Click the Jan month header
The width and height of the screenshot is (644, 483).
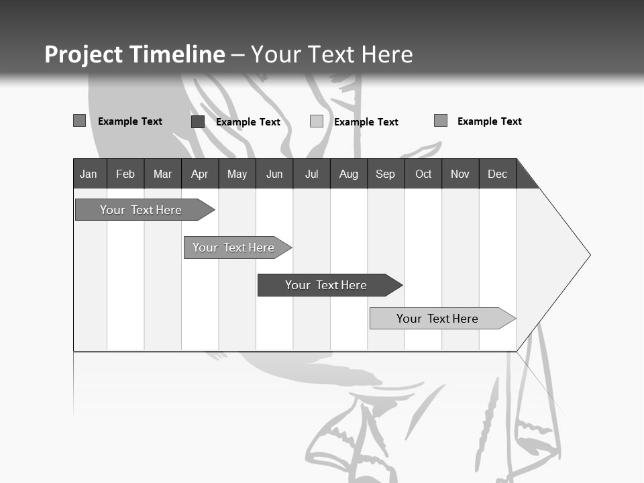coord(89,174)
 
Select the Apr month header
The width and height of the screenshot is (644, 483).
coord(200,174)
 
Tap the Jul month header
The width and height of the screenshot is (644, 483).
coord(311,174)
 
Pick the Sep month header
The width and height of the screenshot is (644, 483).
coord(386,174)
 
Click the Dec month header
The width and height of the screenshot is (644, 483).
coord(497,174)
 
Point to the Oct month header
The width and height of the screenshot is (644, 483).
coord(423,174)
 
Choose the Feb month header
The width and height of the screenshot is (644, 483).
coord(125,174)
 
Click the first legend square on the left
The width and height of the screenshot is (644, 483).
coord(79,121)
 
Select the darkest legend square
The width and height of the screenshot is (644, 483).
coord(198,121)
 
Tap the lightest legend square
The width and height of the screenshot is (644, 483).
coord(317,121)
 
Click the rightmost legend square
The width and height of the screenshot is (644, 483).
coord(441,121)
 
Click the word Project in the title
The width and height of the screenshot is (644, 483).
coord(85,54)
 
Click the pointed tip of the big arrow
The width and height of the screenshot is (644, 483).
coord(588,255)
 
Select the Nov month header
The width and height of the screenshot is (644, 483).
coord(460,174)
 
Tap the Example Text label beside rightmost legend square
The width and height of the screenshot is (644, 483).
coord(489,121)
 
